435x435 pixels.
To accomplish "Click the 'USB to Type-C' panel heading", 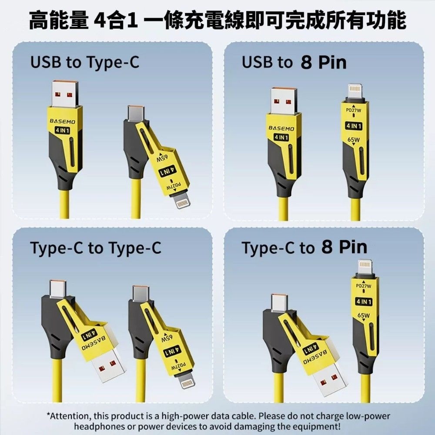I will click(x=85, y=63).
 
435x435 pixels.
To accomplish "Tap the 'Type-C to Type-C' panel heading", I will click(x=96, y=248).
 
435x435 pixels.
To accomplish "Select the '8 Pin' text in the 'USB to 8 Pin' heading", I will click(x=323, y=63).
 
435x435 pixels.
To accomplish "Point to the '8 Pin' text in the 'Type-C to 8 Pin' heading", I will click(x=345, y=248).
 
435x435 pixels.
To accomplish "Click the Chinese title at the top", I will click(x=217, y=20).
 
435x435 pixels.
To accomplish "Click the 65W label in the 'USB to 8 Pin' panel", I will click(x=354, y=140).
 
